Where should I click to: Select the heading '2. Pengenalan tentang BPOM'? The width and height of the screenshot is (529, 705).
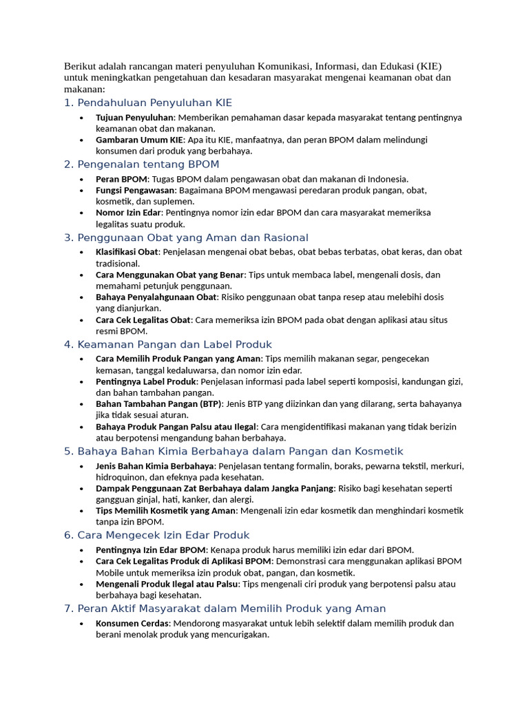(x=141, y=164)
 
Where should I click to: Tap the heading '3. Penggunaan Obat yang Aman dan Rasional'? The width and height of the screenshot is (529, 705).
(x=186, y=238)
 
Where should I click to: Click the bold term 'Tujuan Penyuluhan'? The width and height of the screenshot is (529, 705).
(x=134, y=118)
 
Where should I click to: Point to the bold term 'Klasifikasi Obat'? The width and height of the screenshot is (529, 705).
(x=127, y=252)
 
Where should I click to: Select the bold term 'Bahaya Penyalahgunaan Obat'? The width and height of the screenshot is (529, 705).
(x=156, y=297)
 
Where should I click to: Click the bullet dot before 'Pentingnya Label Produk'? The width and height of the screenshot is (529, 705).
(x=81, y=381)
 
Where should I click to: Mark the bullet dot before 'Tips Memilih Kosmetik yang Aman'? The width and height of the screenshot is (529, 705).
(x=81, y=511)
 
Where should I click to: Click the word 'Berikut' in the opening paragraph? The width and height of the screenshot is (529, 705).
(x=79, y=66)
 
